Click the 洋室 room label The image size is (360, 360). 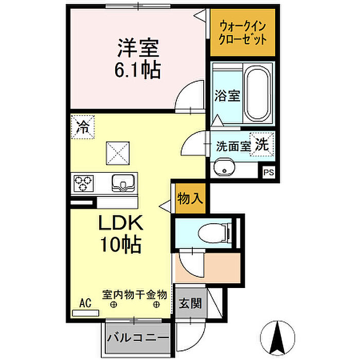click(138, 48)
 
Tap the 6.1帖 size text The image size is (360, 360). click(137, 69)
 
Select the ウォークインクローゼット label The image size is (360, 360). click(242, 33)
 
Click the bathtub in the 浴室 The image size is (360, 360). click(257, 94)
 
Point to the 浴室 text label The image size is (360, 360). click(227, 96)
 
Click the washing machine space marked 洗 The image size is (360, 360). click(262, 145)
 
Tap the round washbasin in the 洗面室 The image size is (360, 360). click(224, 168)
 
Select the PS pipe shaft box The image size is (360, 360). click(268, 172)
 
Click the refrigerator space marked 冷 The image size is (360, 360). click(83, 127)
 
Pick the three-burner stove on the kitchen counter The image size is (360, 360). click(83, 183)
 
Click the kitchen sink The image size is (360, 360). click(123, 183)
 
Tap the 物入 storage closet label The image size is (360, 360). click(190, 199)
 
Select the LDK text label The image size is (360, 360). click(121, 223)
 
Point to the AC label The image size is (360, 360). click(85, 303)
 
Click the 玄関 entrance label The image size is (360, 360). click(190, 303)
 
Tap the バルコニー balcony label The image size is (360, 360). click(138, 338)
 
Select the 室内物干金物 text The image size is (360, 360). click(135, 295)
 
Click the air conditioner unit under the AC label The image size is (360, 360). click(85, 313)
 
